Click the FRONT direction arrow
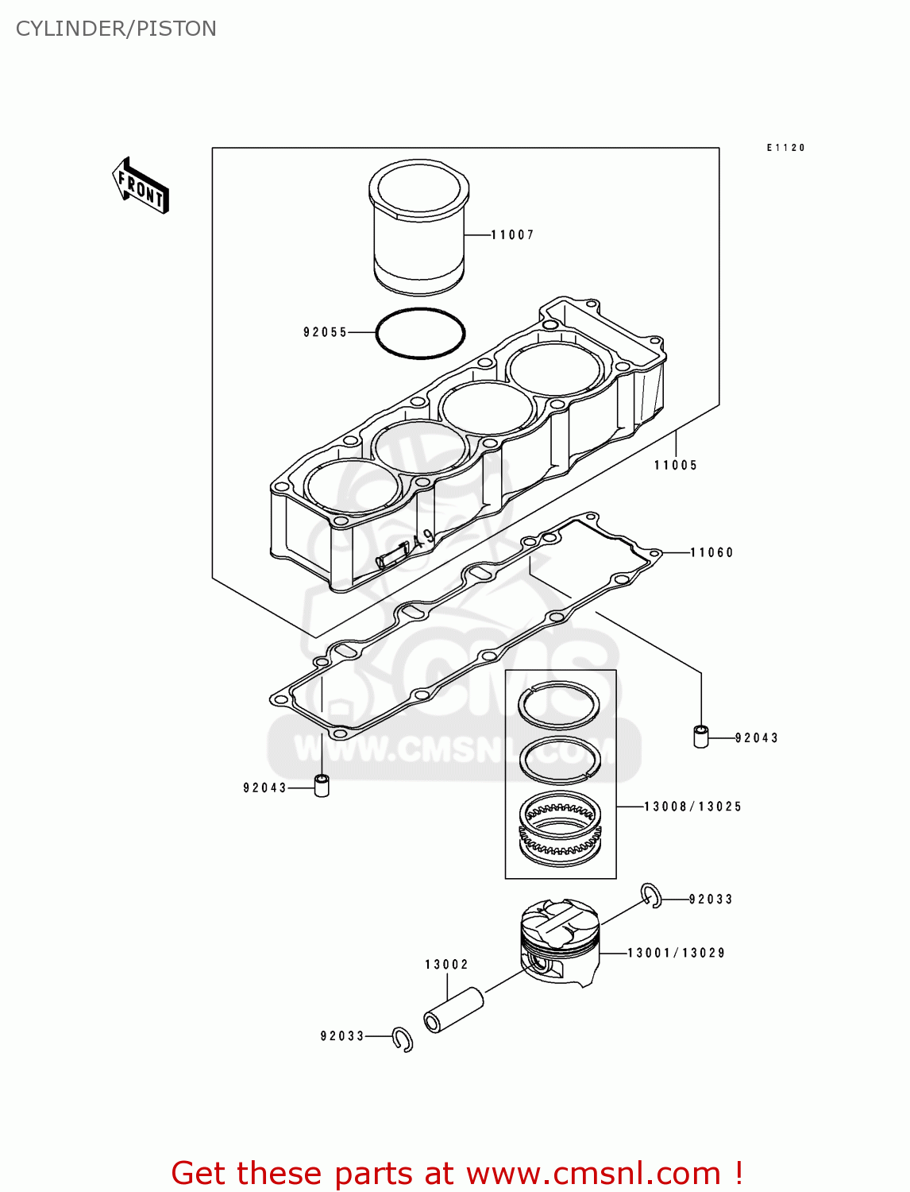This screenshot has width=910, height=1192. coord(141,186)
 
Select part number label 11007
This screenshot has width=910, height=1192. coord(512,234)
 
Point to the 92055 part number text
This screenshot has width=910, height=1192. coord(326,332)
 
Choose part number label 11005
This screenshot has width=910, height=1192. coord(676,465)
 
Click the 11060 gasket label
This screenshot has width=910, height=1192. coord(711,552)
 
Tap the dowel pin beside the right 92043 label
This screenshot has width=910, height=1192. coord(701,736)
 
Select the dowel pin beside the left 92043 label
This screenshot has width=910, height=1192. coord(322,785)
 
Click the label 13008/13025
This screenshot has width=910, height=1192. coord(692,806)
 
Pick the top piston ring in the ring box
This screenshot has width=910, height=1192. coord(560,704)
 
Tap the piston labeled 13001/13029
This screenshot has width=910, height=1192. coord(559,942)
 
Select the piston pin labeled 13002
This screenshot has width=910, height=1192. coord(454,1009)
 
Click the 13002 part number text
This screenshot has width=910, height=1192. coord(446,964)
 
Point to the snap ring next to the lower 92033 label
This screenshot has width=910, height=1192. coord(403,1039)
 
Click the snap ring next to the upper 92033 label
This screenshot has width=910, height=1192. coord(651,895)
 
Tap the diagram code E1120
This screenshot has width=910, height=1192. coord(785,148)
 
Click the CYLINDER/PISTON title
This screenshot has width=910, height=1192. coord(116,29)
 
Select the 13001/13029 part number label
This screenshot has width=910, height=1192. coord(676,952)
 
